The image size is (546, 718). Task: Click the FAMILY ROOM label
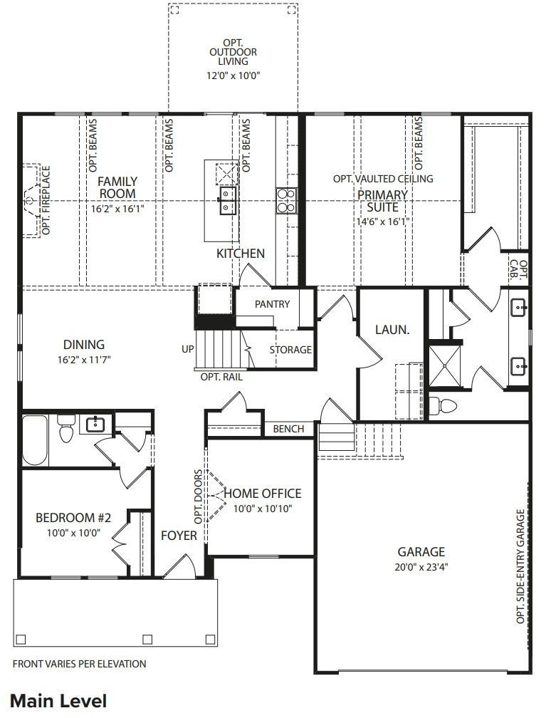click(117, 187)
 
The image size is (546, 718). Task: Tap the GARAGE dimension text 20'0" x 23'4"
click(421, 567)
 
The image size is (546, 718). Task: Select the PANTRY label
click(272, 304)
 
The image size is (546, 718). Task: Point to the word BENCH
click(288, 429)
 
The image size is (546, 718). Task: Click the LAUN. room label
click(392, 330)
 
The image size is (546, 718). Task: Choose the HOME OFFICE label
click(262, 494)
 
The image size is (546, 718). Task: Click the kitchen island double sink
click(229, 200)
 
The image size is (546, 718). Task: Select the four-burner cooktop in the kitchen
click(286, 200)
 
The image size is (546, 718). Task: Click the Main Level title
click(58, 700)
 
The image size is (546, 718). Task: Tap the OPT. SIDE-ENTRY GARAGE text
click(520, 566)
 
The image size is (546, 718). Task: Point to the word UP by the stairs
click(188, 350)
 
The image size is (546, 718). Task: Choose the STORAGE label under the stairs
click(290, 350)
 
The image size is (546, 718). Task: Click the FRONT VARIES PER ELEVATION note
click(80, 664)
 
